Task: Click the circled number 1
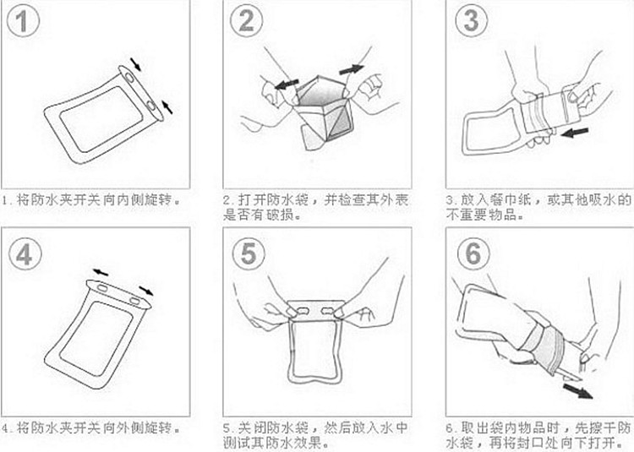(23, 20)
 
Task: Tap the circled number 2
(246, 20)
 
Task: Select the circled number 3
(472, 20)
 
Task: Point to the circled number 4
(25, 254)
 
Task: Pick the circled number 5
(249, 254)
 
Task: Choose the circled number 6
(473, 254)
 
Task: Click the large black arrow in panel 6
(578, 390)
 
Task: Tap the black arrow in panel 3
(575, 132)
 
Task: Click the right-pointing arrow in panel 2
(352, 69)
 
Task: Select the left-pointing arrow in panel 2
(287, 84)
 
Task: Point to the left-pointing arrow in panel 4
(101, 273)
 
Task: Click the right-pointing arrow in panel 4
(146, 291)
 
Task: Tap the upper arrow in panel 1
(136, 64)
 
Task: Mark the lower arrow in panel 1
(167, 107)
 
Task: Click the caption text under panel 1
(91, 199)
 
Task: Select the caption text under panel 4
(91, 427)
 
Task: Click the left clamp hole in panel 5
(303, 310)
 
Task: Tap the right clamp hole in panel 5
(328, 311)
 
